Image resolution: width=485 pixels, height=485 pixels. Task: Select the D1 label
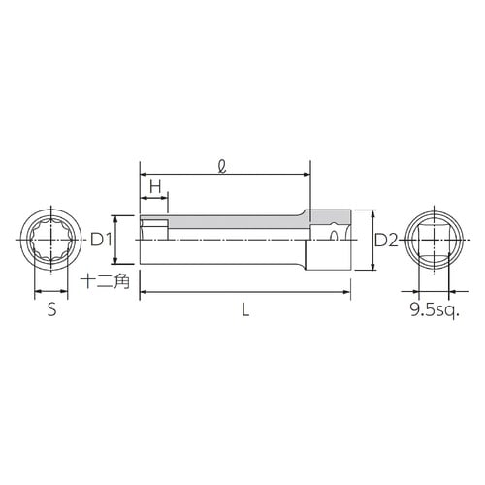tap(103, 239)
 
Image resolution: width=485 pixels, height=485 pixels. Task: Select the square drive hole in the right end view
tap(433, 240)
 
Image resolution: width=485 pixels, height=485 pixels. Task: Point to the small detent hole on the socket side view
tap(335, 233)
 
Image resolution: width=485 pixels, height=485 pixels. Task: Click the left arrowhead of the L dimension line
tap(144, 291)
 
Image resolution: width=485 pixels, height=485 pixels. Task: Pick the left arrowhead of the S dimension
tap(37, 291)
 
